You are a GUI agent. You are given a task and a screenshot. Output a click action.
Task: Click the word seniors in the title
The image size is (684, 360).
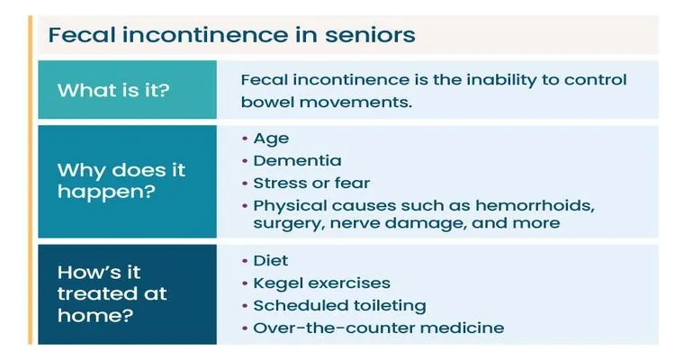pyautogui.click(x=370, y=35)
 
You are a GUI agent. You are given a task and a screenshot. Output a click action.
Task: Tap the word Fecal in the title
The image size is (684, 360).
pyautogui.click(x=82, y=34)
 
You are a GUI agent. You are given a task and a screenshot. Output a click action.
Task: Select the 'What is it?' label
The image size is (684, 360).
pyautogui.click(x=113, y=90)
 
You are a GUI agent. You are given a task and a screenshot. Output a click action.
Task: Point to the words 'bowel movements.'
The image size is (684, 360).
pyautogui.click(x=327, y=102)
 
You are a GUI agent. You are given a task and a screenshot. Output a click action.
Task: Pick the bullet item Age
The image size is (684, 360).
pyautogui.click(x=271, y=139)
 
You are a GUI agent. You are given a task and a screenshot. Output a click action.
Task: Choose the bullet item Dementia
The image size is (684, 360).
pyautogui.click(x=298, y=160)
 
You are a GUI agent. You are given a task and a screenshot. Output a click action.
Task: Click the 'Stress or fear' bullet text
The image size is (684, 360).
pyautogui.click(x=311, y=183)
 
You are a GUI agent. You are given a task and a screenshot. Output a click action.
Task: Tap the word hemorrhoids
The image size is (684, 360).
pyautogui.click(x=535, y=205)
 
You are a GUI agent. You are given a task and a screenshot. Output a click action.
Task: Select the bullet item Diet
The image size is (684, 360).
pyautogui.click(x=271, y=260)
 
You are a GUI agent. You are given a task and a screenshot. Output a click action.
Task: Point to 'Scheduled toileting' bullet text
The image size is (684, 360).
pyautogui.click(x=340, y=305)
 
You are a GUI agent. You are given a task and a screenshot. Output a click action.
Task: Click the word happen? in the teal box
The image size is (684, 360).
pyautogui.click(x=106, y=192)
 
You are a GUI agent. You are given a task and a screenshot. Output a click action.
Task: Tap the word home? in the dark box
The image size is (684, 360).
pyautogui.click(x=95, y=315)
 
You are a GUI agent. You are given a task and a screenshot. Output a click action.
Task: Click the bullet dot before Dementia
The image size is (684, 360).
pyautogui.click(x=245, y=161)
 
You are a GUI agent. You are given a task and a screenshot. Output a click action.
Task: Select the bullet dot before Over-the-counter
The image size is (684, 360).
pyautogui.click(x=245, y=328)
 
